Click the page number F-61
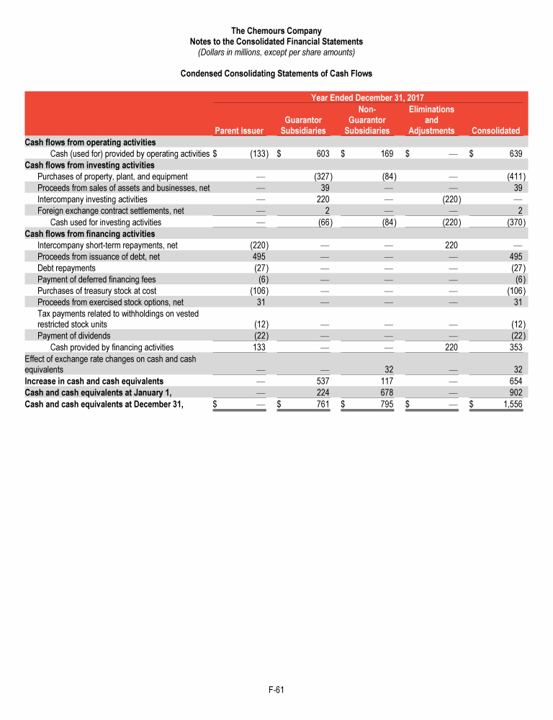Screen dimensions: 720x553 [276, 690]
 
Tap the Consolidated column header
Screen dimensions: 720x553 [495, 131]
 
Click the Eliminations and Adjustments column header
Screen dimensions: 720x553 [431, 120]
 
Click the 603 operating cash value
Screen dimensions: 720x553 [323, 154]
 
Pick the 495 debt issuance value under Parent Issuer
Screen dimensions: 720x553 [260, 257]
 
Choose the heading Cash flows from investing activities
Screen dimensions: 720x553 [89, 166]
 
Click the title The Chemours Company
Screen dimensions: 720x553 [276, 31]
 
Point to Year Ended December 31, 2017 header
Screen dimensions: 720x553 [367, 97]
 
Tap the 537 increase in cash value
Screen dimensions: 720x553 [323, 381]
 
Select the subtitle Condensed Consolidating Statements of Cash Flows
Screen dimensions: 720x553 [276, 73]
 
